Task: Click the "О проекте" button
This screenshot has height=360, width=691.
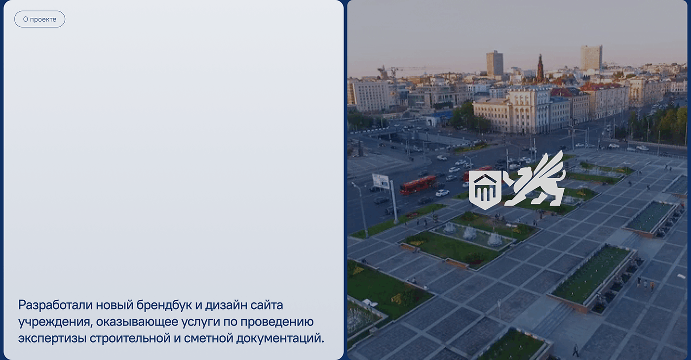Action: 39,19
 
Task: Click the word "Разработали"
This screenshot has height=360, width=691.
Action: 55,305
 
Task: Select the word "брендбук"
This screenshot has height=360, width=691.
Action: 164,305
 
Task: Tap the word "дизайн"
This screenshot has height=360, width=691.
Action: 226,305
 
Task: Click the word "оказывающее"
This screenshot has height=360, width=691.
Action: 137,322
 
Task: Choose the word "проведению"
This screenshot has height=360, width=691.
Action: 277,322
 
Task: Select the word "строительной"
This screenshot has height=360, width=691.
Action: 130,339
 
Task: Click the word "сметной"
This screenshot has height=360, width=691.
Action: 208,339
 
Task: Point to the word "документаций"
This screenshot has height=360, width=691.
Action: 280,339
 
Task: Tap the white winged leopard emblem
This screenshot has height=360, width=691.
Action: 535,179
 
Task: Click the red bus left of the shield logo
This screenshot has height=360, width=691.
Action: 418,185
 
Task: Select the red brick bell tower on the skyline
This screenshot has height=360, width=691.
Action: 539,68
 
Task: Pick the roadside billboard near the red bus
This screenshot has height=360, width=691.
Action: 381,181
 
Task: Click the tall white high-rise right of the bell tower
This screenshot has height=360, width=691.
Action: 591,58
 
